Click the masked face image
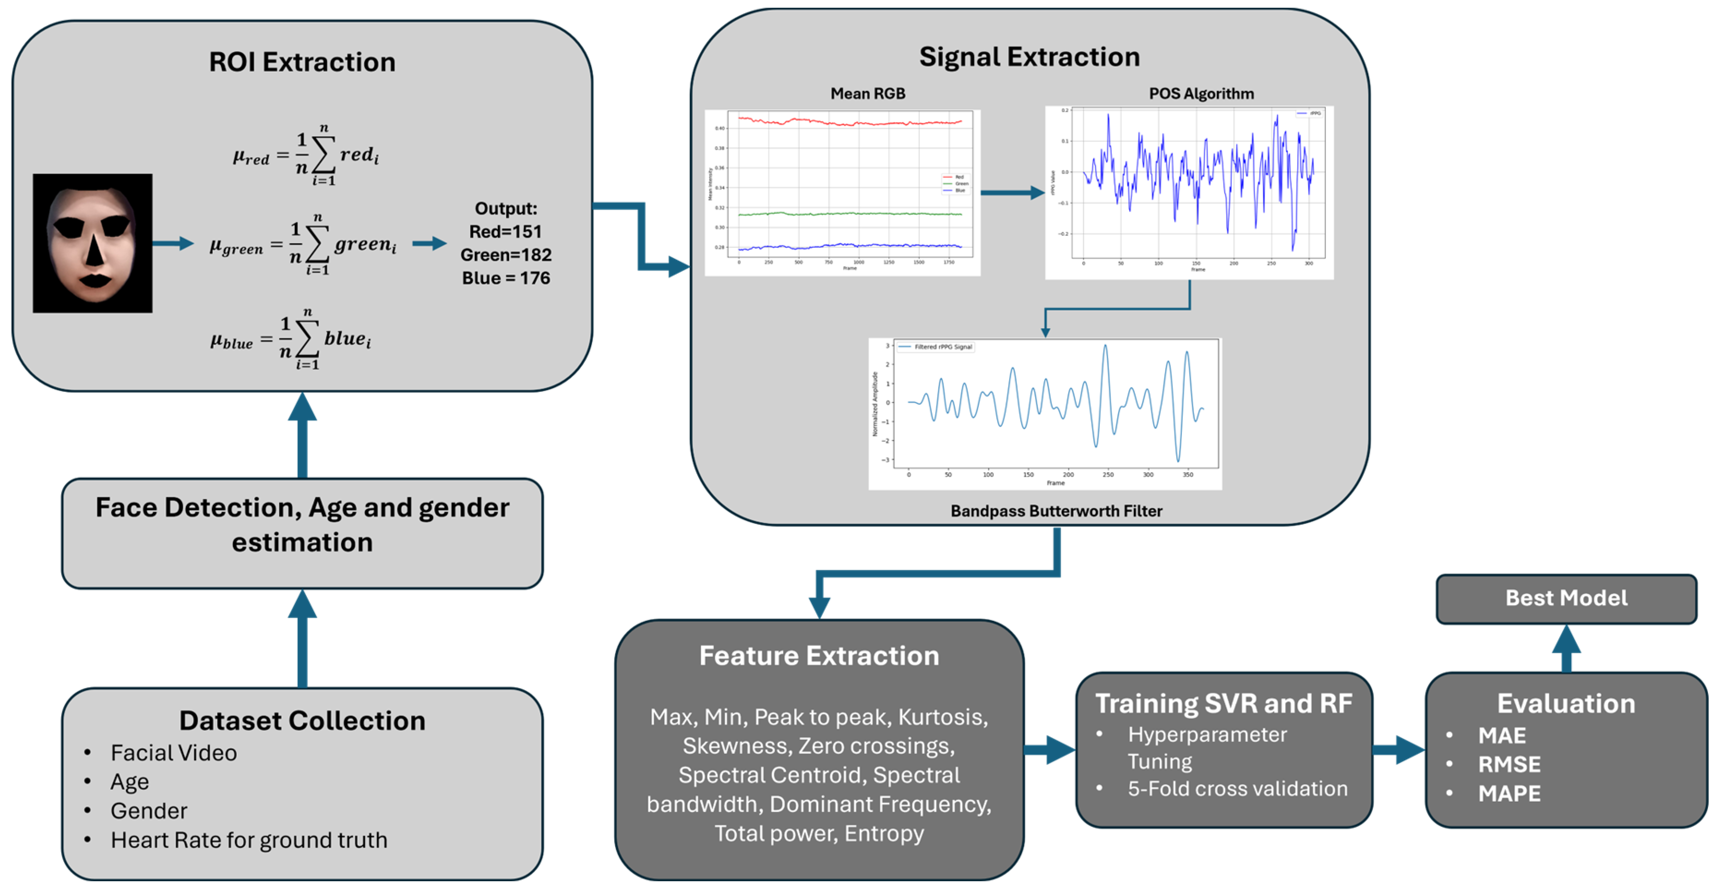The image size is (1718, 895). click(x=93, y=243)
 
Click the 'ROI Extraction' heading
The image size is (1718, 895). click(x=302, y=62)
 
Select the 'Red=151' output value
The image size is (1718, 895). click(x=506, y=231)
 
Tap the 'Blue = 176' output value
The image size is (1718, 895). click(x=506, y=278)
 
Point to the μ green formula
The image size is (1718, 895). click(x=304, y=245)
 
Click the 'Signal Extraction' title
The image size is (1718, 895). click(x=1029, y=57)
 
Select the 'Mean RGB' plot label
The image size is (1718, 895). click(x=868, y=93)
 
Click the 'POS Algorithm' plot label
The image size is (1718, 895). click(x=1201, y=93)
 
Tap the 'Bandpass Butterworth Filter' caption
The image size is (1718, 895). click(x=1056, y=511)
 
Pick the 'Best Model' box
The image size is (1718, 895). click(x=1566, y=598)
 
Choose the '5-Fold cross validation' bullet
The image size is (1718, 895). click(x=1237, y=789)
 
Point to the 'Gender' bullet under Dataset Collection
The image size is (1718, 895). click(x=149, y=811)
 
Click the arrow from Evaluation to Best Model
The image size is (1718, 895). click(x=1566, y=648)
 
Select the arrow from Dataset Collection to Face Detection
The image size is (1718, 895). click(x=302, y=638)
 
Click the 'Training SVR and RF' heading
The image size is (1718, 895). click(x=1224, y=703)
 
